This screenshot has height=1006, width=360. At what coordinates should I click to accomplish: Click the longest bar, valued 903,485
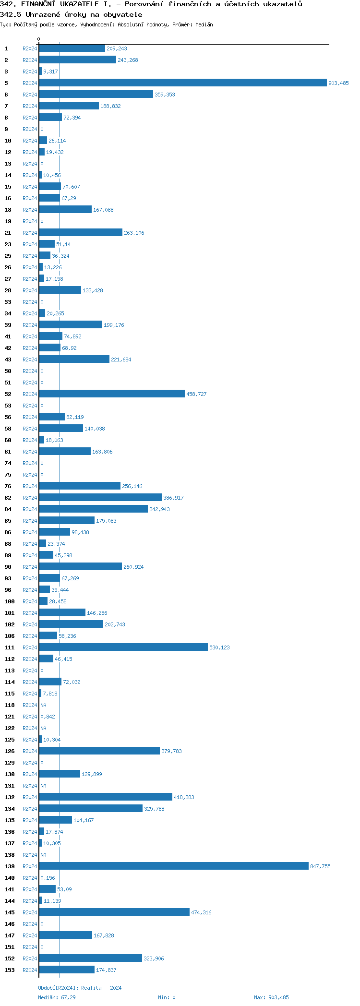coord(182,83)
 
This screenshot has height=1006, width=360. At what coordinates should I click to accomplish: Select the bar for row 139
coord(174,866)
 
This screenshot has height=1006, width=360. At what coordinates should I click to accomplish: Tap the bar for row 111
coord(123,647)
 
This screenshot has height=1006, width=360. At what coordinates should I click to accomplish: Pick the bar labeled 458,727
coord(112,394)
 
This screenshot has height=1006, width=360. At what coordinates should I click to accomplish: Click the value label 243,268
coord(128,60)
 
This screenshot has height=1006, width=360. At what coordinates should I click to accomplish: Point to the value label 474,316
coord(201,912)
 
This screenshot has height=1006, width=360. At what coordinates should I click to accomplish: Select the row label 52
coord(8,394)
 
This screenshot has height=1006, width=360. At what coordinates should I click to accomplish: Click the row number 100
coord(10,601)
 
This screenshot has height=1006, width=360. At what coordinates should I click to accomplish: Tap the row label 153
coord(10,970)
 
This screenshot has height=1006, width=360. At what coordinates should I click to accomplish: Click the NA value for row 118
coord(43,705)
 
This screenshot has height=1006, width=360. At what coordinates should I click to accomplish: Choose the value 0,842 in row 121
coord(48,717)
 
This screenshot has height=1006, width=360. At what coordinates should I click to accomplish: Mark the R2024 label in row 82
coord(30,498)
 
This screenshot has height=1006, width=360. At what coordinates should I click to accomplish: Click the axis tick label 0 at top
coord(39,39)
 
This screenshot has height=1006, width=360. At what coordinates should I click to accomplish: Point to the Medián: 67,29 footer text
coord(57,997)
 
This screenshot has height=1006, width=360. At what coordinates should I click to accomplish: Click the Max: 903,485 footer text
coord(271,997)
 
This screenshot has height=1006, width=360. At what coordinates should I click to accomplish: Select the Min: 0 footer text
coord(167,997)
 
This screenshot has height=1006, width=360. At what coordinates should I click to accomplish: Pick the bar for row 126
coord(99,751)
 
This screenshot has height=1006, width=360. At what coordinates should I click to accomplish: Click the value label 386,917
coord(173,498)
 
